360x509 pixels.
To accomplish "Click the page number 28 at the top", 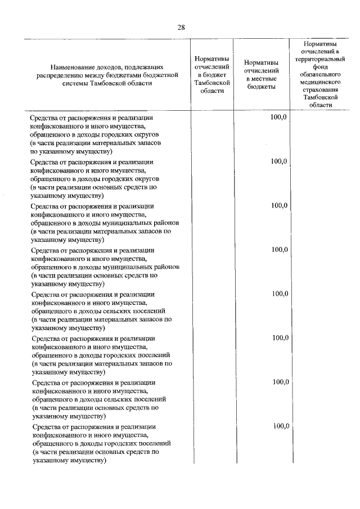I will coord(181,27).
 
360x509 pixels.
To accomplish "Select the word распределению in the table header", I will coord(60,75).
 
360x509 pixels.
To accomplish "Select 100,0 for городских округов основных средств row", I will coord(278,161).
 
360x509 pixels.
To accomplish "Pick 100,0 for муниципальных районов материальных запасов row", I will coord(279,206).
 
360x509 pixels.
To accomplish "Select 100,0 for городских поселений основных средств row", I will coord(281,426).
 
